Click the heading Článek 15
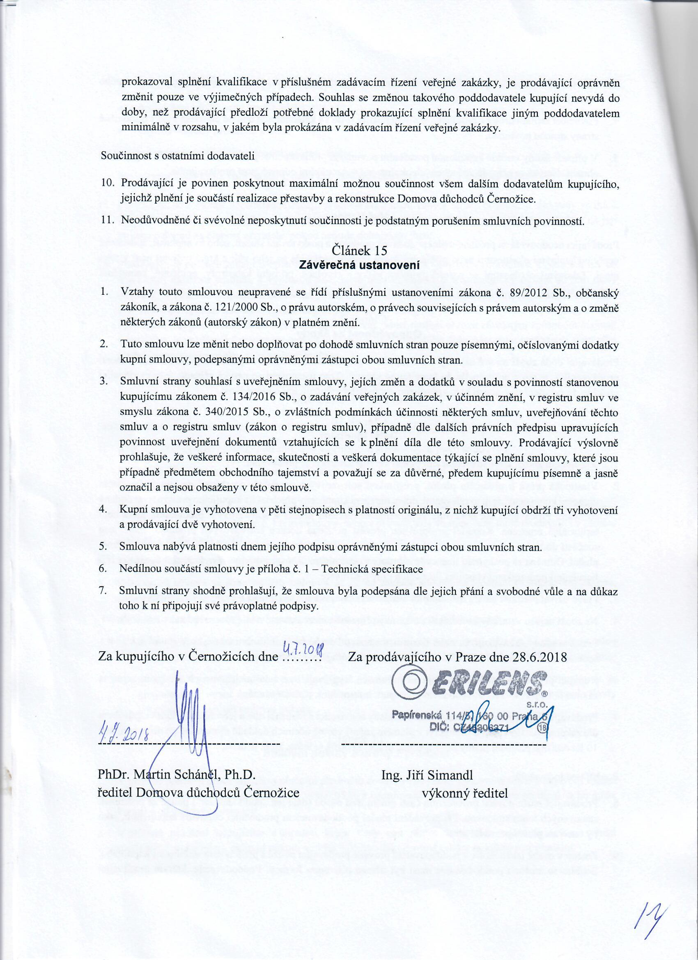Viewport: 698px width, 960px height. coord(359,250)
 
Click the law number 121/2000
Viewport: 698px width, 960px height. coord(234,308)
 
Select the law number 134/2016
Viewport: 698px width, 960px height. coord(253,397)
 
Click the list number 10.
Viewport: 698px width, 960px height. coord(108,184)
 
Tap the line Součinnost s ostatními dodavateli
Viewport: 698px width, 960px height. coord(177,157)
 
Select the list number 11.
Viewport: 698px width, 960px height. coord(108,220)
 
